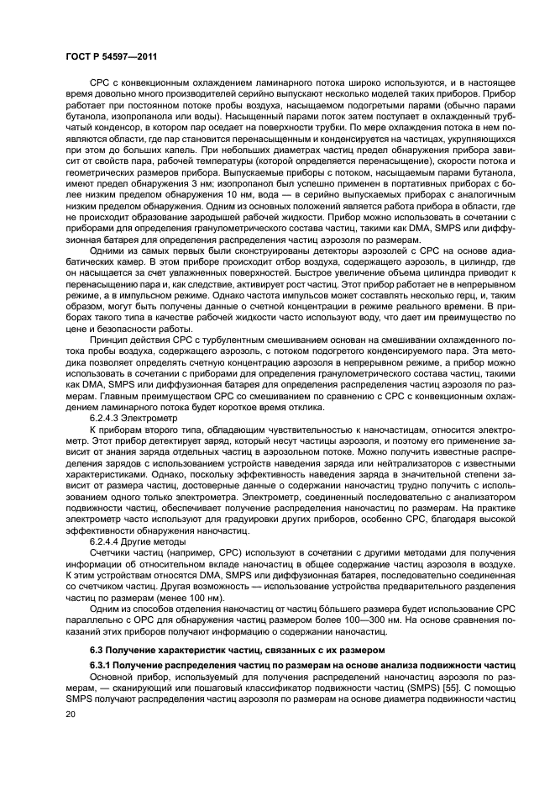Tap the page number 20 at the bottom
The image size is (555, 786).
[x=71, y=713]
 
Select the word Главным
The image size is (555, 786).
[x=107, y=396]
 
